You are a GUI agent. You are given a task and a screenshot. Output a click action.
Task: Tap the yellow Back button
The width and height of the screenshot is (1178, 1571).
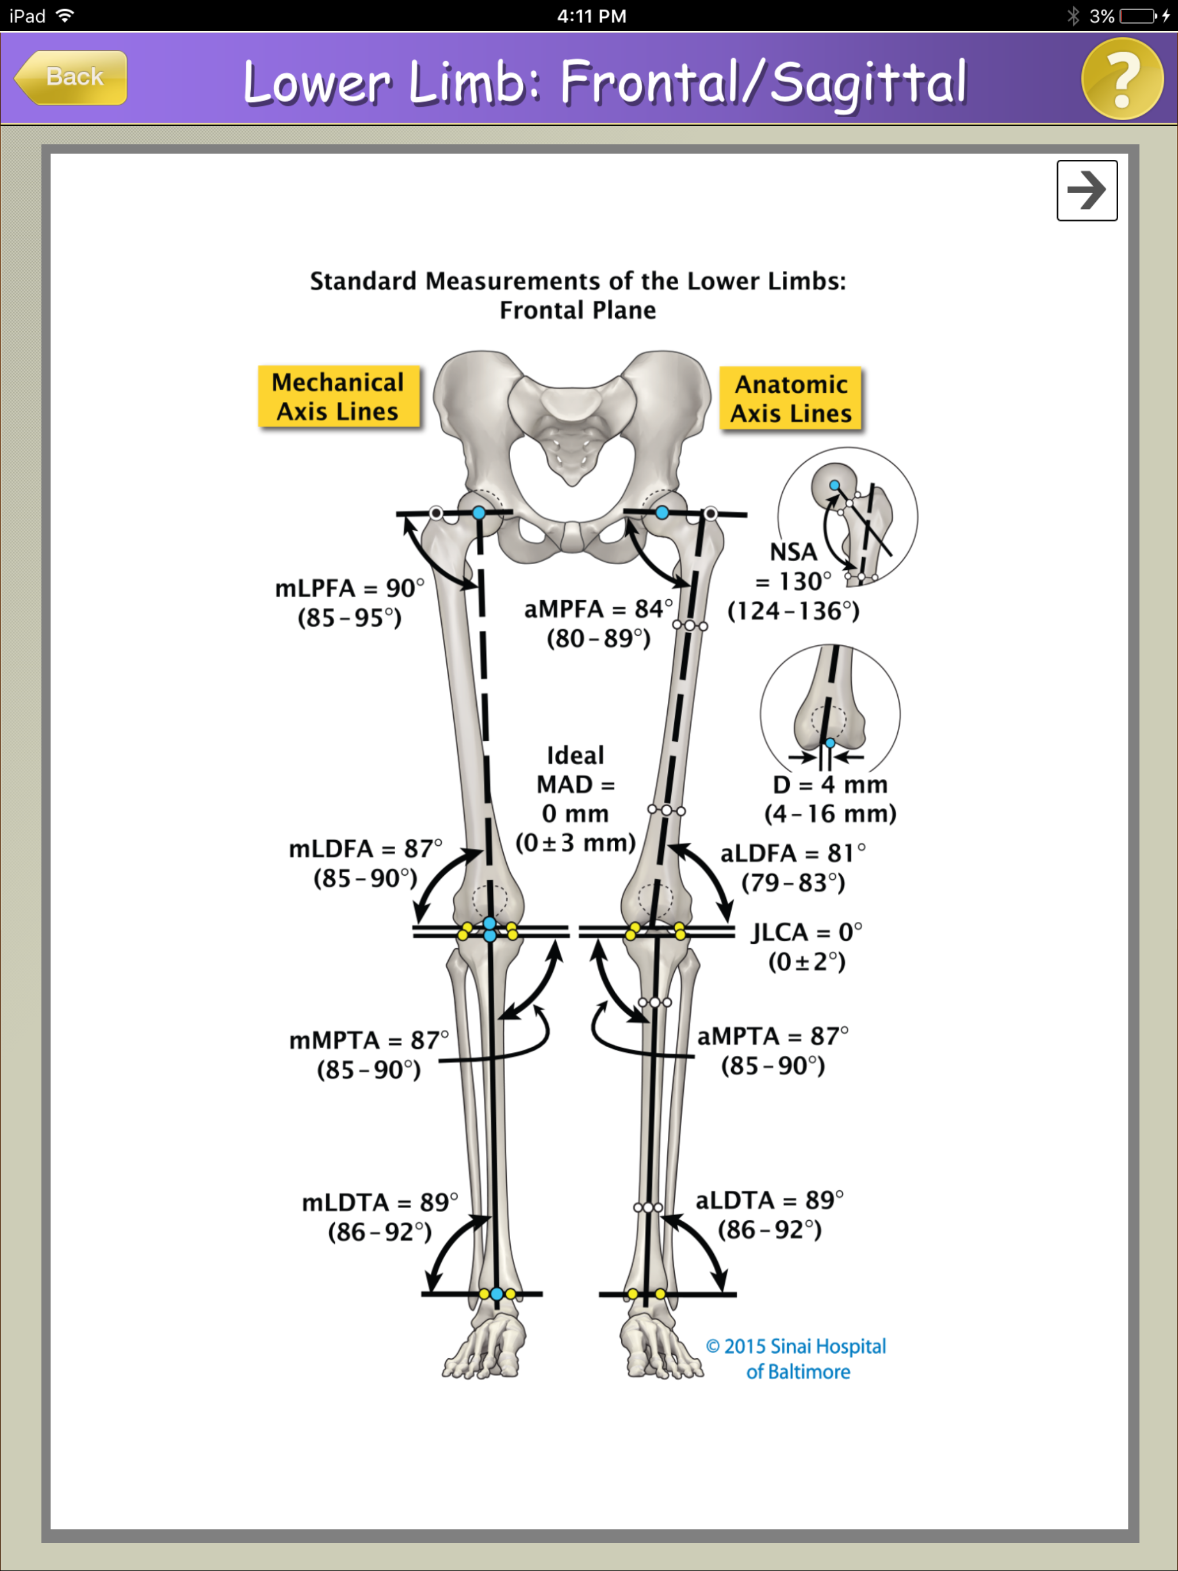(71, 78)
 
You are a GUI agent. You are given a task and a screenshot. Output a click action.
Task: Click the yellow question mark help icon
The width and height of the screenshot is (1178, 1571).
(1121, 79)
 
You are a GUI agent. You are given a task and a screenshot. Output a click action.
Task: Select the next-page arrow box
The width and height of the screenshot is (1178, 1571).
(1087, 190)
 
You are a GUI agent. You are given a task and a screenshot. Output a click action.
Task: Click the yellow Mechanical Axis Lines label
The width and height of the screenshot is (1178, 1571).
(338, 397)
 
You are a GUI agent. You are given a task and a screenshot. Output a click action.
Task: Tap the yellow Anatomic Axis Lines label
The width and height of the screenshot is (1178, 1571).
(791, 399)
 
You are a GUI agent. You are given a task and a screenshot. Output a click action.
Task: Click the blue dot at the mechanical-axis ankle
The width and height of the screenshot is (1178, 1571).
(496, 1294)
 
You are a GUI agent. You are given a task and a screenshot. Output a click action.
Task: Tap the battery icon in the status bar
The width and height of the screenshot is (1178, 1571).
(1138, 16)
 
